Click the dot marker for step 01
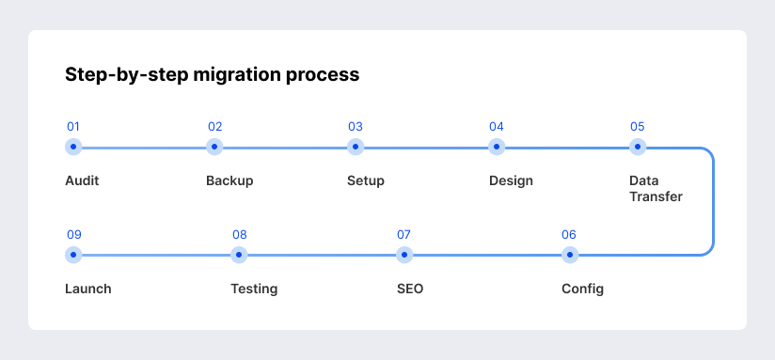pos(73,147)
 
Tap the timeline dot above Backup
pos(214,147)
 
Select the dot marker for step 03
pos(356,147)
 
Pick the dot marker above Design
pos(497,147)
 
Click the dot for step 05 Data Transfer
pos(638,147)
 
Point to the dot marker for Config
pos(569,255)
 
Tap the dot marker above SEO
pos(404,255)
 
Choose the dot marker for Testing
pos(239,255)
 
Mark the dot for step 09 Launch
pos(74,255)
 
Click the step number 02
pos(214,127)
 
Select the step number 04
pos(497,127)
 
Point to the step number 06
pos(569,235)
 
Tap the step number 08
pos(240,235)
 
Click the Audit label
pos(82,180)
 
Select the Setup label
pos(366,180)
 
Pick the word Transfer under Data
pos(656,196)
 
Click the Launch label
pos(88,289)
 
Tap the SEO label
pos(410,289)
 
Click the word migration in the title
pos(241,75)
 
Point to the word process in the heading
pos(325,75)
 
